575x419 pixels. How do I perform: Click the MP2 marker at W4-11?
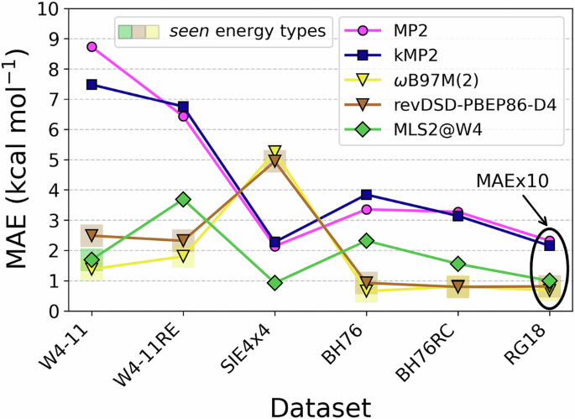[91, 47]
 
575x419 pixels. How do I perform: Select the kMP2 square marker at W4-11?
[91, 85]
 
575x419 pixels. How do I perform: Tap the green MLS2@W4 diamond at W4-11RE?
[183, 200]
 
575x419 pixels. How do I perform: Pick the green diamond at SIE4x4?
[274, 283]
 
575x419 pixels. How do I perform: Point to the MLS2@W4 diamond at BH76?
[366, 241]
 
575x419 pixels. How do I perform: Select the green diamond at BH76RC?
[457, 264]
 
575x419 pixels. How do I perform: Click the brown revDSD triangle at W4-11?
[91, 236]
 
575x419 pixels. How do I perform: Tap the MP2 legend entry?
[411, 31]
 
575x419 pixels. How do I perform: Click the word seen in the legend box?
[189, 32]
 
